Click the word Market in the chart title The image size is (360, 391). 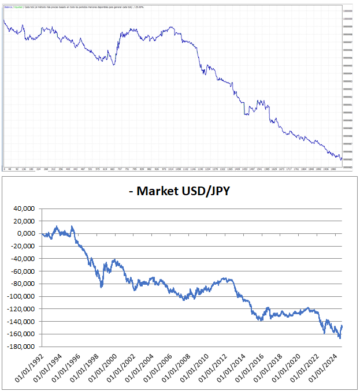point(157,190)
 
